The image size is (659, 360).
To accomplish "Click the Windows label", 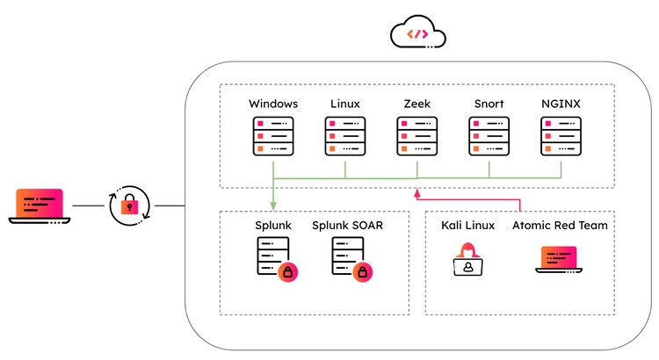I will [273, 104].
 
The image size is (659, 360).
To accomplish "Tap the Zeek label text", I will [417, 104].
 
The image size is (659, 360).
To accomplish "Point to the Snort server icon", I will [489, 137].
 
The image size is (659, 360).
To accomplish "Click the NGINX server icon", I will [561, 137].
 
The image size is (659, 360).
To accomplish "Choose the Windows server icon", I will [273, 137].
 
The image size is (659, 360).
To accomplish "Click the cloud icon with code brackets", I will [418, 34].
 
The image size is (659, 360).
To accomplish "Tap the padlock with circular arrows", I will [129, 206].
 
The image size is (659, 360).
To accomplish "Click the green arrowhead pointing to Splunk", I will [273, 205].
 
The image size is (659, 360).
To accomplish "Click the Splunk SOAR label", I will [347, 226].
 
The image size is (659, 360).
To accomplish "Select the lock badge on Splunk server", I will [287, 273].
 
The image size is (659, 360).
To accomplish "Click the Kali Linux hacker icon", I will [468, 261].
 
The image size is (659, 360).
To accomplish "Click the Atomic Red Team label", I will [561, 226].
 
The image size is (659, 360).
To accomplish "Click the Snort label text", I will [489, 104].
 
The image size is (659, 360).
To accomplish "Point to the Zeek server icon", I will [417, 137].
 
